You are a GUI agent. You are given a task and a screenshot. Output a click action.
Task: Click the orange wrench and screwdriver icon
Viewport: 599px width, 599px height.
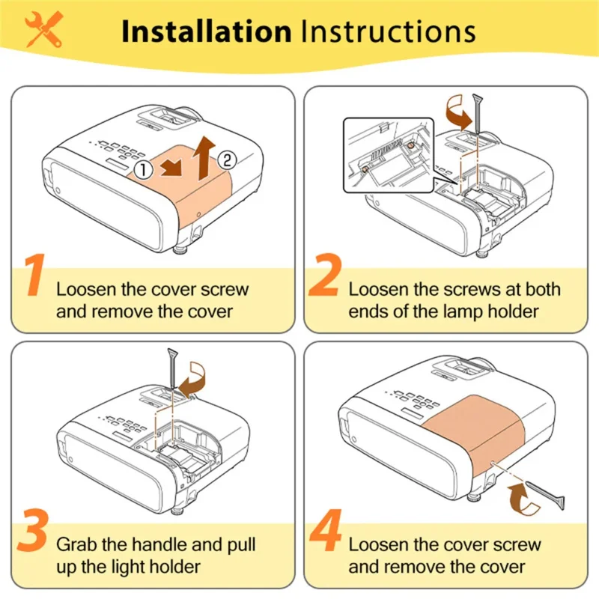(43, 29)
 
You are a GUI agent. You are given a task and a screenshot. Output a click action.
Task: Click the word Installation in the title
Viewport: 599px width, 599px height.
(207, 31)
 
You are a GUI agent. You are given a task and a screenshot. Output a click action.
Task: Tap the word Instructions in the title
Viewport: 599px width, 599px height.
(389, 31)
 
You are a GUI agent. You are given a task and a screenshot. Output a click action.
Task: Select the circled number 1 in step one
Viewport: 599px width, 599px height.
(144, 170)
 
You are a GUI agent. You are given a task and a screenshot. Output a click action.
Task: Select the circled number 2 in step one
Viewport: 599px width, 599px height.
(227, 160)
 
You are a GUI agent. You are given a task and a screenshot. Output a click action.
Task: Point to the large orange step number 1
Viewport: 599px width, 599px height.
(35, 274)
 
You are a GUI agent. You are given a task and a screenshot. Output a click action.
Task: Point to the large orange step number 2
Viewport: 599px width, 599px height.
(323, 274)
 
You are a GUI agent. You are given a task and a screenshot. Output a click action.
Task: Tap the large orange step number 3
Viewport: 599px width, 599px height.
(32, 530)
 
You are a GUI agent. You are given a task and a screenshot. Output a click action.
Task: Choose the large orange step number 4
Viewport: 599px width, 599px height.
(326, 530)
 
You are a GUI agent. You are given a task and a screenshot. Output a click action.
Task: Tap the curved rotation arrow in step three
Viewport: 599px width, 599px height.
(192, 380)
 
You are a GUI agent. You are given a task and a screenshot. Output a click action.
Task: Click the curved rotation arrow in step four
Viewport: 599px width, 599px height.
(523, 498)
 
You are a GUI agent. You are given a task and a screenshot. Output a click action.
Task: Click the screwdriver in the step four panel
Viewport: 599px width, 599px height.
(544, 495)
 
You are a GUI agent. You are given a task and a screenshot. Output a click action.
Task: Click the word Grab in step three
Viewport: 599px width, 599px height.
(76, 545)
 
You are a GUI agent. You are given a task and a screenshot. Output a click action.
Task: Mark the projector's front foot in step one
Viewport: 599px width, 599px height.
(181, 251)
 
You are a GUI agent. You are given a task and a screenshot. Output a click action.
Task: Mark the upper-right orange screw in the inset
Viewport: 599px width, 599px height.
(410, 145)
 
